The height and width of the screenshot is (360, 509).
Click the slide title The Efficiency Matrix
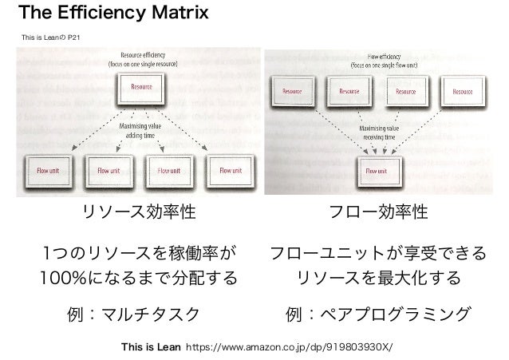tap(113, 14)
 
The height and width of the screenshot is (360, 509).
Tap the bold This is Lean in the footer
tap(148, 348)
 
